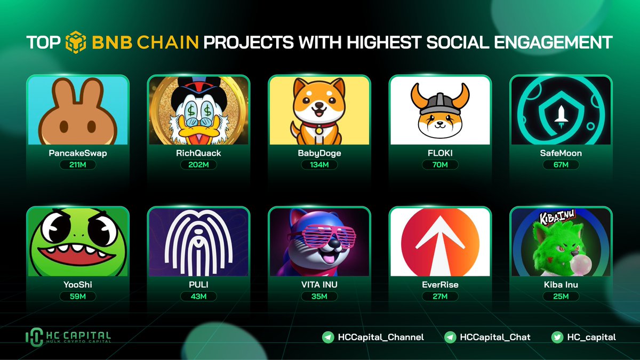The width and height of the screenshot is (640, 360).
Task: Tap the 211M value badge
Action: [x=78, y=165]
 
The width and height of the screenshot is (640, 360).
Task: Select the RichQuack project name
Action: [x=198, y=153]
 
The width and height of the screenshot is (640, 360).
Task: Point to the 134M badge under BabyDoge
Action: [x=319, y=165]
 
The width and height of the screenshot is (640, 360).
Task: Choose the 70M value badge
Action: [x=439, y=165]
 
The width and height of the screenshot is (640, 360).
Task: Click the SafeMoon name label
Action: [x=561, y=153]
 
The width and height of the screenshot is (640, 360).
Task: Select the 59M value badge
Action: [x=78, y=297]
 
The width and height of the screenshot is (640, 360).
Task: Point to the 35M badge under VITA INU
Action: [x=319, y=297]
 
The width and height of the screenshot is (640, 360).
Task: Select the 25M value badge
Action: [x=561, y=297]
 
